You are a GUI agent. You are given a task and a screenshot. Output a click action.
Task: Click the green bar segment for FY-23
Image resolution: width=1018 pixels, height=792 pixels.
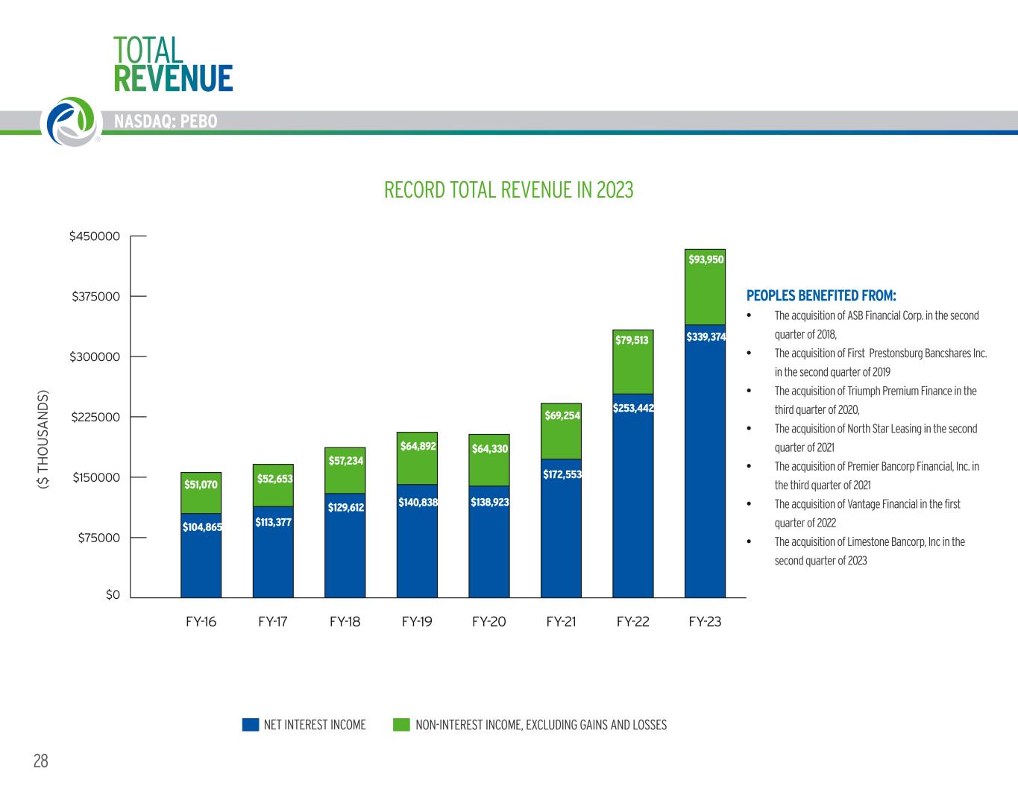(x=705, y=286)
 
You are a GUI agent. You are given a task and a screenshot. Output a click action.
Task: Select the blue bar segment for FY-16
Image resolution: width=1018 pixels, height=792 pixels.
(x=201, y=556)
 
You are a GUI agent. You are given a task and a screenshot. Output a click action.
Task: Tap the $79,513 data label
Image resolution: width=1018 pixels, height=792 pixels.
(x=632, y=340)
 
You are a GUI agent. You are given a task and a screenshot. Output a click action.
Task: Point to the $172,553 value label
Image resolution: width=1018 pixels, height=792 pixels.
(x=562, y=474)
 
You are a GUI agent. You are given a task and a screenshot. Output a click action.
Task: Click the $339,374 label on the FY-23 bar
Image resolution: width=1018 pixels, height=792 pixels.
(x=706, y=337)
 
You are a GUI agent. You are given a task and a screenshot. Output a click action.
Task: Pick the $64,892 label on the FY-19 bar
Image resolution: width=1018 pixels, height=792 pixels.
(x=418, y=446)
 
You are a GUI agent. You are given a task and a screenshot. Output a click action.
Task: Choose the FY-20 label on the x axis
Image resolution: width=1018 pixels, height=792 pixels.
(x=488, y=621)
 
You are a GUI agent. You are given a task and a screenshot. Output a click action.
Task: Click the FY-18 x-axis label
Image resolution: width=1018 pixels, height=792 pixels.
(x=345, y=621)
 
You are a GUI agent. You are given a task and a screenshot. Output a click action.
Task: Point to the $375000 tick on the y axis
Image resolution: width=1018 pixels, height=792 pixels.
(x=95, y=297)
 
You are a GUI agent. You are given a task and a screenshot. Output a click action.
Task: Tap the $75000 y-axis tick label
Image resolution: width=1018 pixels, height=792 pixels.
(x=99, y=538)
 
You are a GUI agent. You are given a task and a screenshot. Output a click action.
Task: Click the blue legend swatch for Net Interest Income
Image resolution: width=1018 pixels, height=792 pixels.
(x=251, y=725)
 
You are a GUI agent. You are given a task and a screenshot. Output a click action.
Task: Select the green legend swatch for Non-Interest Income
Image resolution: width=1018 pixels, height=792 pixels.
(x=401, y=725)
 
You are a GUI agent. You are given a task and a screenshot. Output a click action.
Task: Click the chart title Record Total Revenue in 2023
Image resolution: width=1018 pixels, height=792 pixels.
(x=509, y=190)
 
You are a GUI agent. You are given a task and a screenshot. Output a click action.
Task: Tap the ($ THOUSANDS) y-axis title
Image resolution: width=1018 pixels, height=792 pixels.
(x=43, y=440)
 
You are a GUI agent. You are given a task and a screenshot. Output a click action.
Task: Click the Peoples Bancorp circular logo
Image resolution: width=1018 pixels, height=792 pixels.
(x=72, y=122)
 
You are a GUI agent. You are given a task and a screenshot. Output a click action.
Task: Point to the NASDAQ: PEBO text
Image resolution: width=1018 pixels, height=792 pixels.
(x=166, y=122)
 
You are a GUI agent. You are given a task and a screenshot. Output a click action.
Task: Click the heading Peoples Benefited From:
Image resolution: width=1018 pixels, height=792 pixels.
(x=821, y=295)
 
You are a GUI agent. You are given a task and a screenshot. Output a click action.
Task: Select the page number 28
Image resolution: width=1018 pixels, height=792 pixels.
(x=41, y=761)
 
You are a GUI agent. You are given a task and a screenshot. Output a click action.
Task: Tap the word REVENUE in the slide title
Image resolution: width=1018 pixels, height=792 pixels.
(x=173, y=78)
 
